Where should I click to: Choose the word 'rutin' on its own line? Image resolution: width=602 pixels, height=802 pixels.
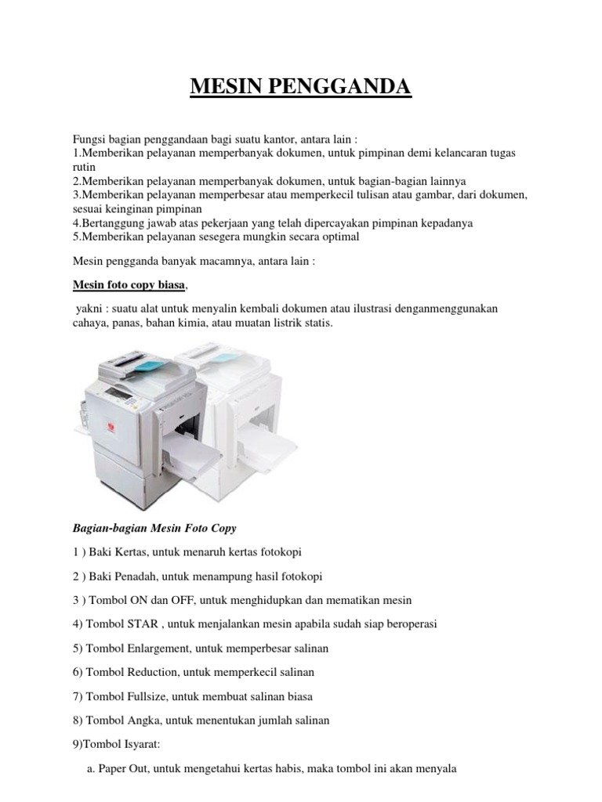click(x=84, y=167)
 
